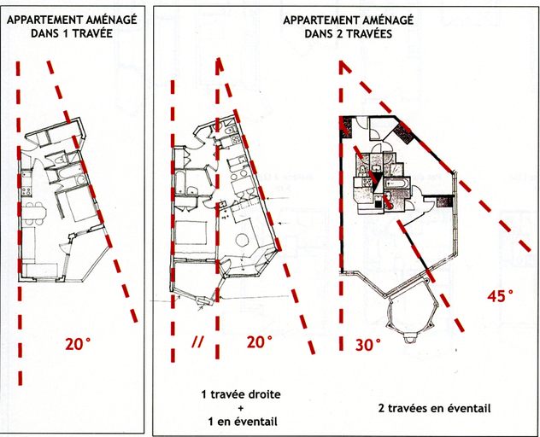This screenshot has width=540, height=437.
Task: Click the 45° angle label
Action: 500,296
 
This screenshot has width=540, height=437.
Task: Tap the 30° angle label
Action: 368,345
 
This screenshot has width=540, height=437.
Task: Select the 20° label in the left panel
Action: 78,344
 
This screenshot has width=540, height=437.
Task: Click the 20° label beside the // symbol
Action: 260,342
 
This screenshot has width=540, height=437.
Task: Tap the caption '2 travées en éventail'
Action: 434,409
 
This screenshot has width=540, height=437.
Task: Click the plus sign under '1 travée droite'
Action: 241,409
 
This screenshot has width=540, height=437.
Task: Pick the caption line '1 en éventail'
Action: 243,422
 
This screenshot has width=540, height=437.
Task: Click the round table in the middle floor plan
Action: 244,240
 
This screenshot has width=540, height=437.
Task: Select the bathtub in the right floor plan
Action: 398,183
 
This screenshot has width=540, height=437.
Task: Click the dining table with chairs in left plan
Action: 34,213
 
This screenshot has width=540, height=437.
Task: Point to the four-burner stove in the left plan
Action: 26,189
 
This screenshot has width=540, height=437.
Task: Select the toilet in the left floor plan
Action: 61,160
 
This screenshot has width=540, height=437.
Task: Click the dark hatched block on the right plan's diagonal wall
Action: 403,133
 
